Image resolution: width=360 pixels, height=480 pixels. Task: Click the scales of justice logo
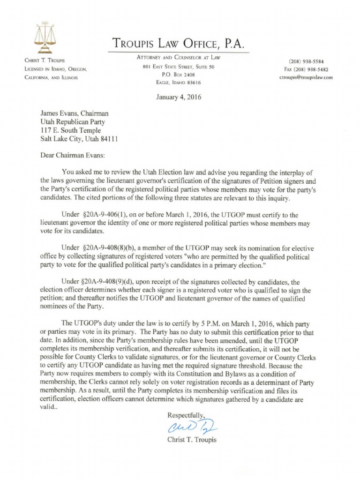coord(45,37)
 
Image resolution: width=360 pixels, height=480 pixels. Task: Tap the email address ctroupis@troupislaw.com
coord(305,78)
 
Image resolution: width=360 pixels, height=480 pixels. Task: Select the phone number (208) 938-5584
coord(306,61)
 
